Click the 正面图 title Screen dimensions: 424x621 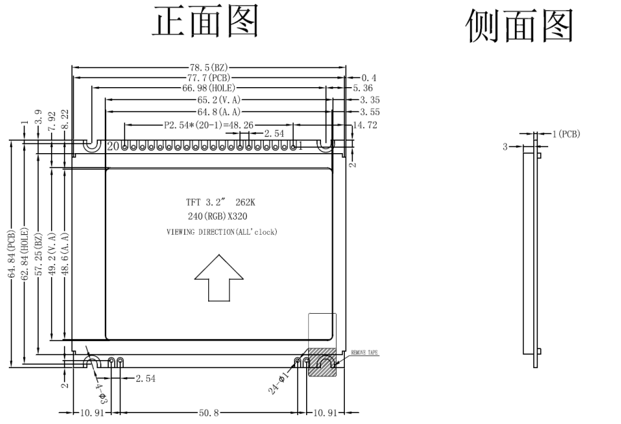click(x=205, y=25)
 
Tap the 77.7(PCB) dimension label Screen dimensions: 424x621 click(x=210, y=78)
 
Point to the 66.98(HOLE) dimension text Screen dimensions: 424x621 click(x=208, y=89)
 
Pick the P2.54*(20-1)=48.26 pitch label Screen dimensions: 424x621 click(x=208, y=126)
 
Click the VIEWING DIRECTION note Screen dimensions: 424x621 click(x=222, y=232)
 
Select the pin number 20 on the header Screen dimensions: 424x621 click(x=114, y=146)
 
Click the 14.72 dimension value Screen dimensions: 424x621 click(x=364, y=126)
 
